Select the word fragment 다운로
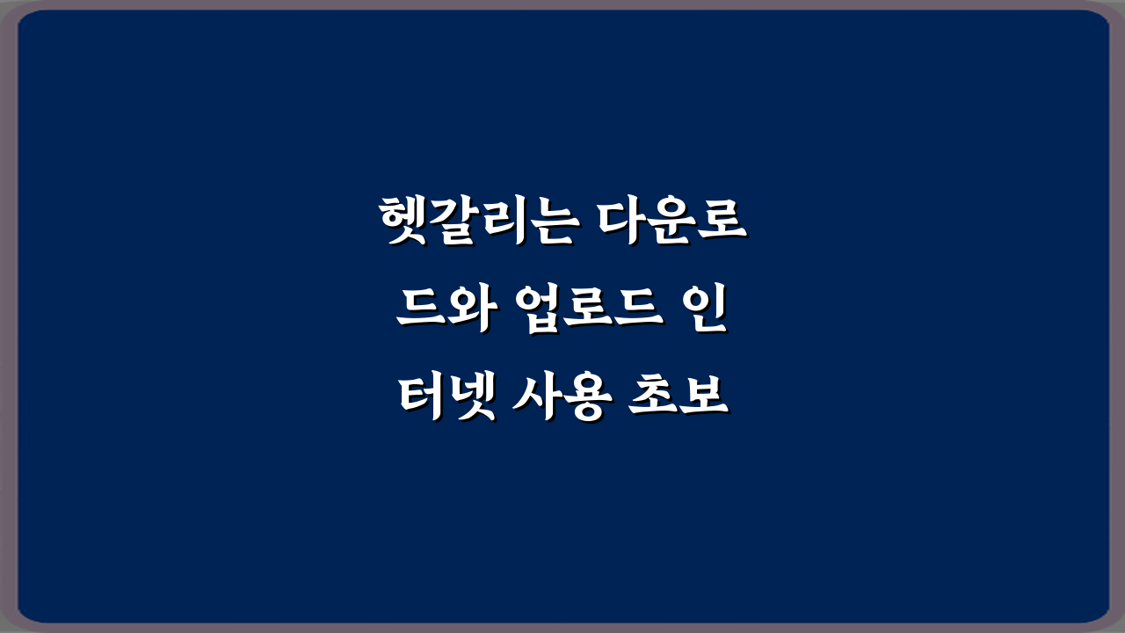click(x=672, y=223)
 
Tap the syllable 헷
click(x=402, y=223)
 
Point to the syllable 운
click(x=672, y=223)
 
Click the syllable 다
click(x=623, y=223)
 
